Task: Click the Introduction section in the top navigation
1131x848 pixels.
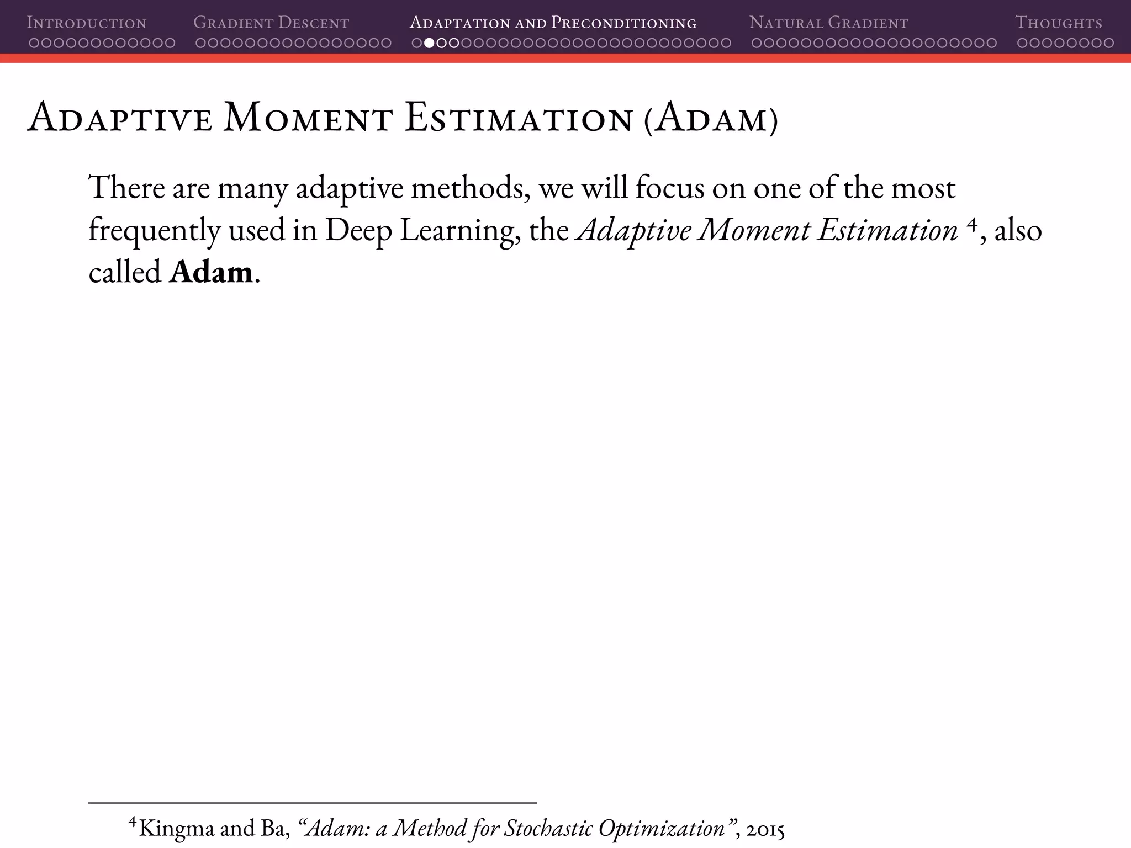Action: coord(87,23)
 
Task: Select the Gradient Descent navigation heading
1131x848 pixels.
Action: coord(271,23)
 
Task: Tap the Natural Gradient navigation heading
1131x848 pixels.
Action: coord(828,23)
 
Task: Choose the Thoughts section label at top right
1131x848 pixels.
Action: coord(1058,23)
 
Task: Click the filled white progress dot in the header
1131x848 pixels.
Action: coord(429,43)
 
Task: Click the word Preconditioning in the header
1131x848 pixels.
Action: coord(624,23)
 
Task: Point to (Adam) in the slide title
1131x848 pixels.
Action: coord(711,119)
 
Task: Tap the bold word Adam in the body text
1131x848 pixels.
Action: coord(211,272)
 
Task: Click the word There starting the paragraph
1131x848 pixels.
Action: coord(126,188)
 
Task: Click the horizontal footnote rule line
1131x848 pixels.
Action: coord(313,802)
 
